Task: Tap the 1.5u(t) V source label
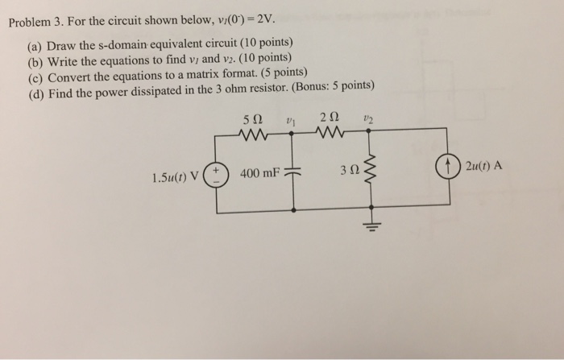pyautogui.click(x=176, y=172)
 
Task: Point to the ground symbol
pyautogui.click(x=371, y=224)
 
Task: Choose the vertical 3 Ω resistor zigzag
pyautogui.click(x=371, y=170)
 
